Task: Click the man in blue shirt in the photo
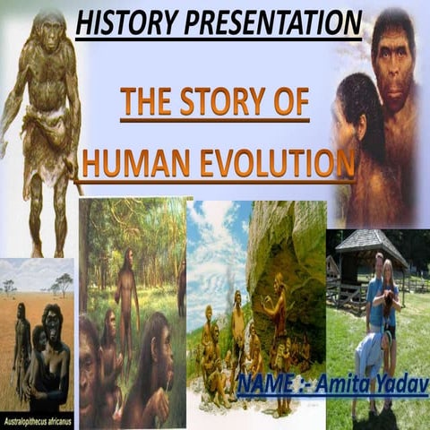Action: click(374, 296)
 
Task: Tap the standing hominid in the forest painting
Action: click(128, 287)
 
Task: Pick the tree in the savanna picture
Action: click(61, 285)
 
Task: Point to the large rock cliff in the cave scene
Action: click(287, 242)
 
